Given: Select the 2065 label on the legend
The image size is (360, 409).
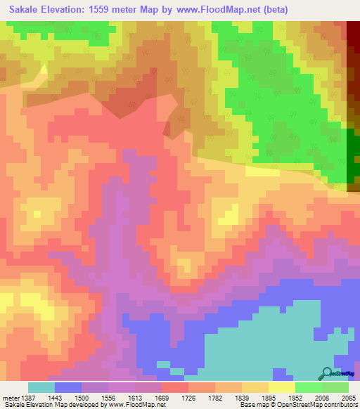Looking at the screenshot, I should (344, 397).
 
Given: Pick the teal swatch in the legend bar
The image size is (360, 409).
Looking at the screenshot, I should (41, 387).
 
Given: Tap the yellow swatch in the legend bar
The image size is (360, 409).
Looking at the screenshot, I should (281, 387).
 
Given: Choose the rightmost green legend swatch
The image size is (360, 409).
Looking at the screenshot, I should (335, 387).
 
